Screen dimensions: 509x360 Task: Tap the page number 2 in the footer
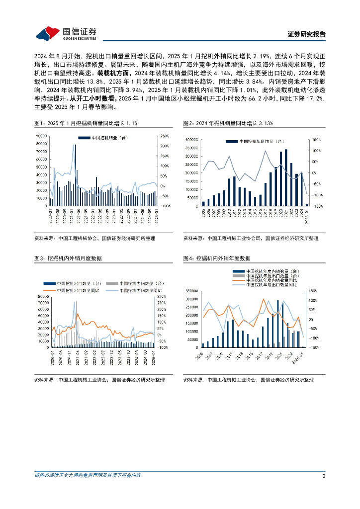click(x=324, y=476)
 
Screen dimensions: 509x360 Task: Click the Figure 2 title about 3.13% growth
click(x=228, y=123)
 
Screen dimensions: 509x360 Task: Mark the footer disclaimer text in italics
click(x=88, y=476)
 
